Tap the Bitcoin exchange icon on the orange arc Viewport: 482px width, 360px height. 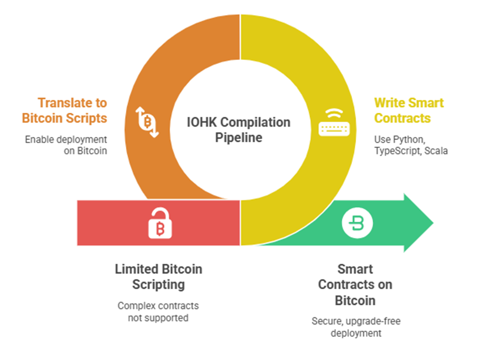click(x=147, y=122)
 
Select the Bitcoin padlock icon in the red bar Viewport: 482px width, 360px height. click(x=160, y=223)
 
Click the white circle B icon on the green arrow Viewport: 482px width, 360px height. click(x=357, y=223)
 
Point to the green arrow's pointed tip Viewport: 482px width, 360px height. click(x=433, y=223)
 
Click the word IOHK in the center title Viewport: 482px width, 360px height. click(x=202, y=122)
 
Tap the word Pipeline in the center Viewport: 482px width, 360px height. click(x=239, y=138)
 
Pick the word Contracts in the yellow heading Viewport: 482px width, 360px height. click(x=402, y=118)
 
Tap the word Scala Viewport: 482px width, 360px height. click(x=436, y=151)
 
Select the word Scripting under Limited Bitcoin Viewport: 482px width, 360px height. click(x=158, y=285)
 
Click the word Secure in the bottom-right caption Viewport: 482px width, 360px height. click(x=327, y=321)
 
